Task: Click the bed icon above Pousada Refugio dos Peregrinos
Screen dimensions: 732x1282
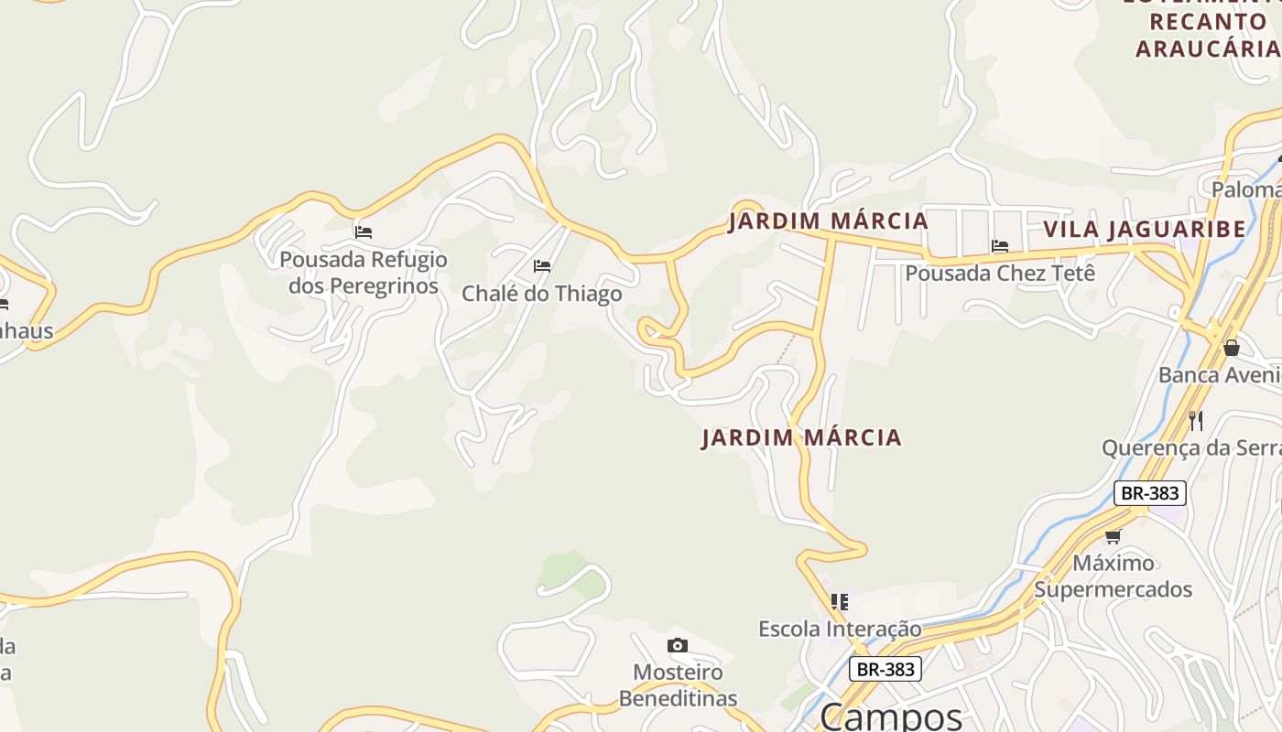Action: [364, 232]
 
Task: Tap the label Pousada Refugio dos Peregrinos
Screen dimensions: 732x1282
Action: [364, 273]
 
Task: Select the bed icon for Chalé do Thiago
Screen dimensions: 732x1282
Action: [542, 266]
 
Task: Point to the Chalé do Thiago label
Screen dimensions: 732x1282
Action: [541, 294]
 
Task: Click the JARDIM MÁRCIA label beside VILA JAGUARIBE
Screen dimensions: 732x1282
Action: [828, 221]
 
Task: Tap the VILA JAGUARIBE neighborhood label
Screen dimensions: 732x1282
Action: [1144, 229]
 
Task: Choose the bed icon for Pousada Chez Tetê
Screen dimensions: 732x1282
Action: [1000, 246]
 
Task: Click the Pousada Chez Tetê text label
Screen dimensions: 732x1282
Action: [1000, 273]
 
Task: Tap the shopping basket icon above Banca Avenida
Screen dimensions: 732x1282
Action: [1232, 348]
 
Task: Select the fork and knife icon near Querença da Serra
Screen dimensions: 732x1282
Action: [1196, 420]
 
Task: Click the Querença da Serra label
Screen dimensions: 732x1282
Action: [1190, 448]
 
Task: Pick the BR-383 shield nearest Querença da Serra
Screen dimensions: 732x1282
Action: [1150, 493]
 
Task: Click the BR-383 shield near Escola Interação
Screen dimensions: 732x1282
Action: [885, 669]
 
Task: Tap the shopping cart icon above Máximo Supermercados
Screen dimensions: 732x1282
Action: [1114, 536]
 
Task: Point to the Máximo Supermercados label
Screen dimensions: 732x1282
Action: [1114, 576]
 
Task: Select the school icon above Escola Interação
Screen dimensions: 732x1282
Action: [840, 602]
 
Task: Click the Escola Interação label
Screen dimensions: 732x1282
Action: [840, 630]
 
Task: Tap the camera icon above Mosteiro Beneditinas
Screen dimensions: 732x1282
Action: [678, 646]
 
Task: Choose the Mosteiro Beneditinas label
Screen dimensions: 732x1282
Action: [678, 685]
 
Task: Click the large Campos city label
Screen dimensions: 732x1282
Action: [890, 716]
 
